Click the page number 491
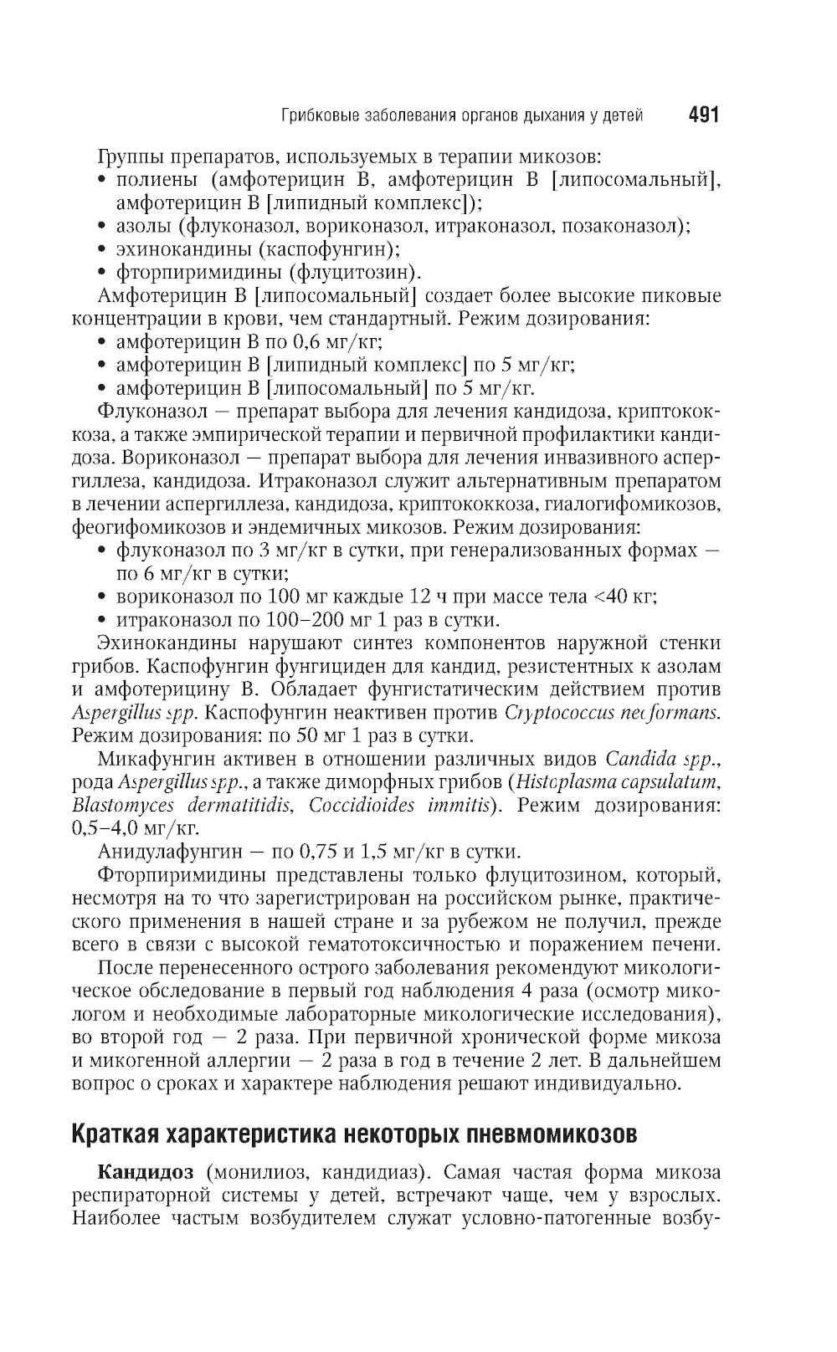coord(703,115)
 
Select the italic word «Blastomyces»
coord(123,806)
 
